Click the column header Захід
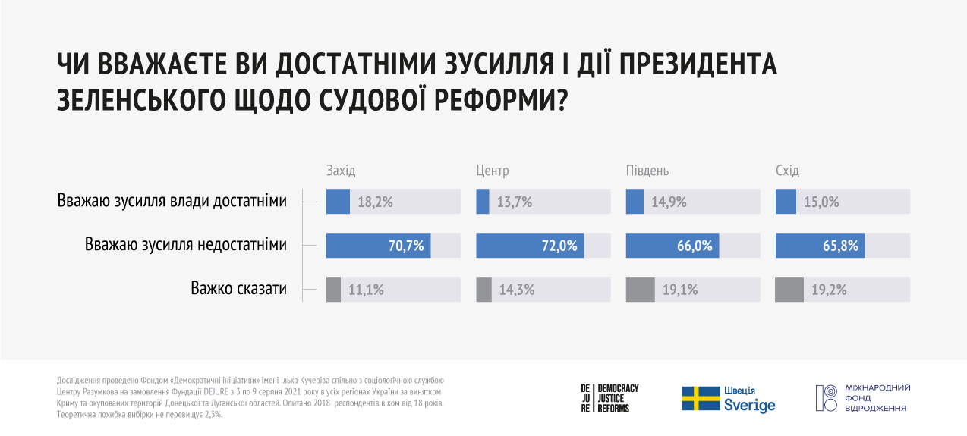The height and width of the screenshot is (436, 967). (340, 171)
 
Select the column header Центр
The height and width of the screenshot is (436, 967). (492, 171)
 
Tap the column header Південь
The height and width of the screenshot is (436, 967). (647, 171)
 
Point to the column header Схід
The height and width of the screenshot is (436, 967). (787, 171)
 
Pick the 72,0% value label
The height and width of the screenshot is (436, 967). (561, 246)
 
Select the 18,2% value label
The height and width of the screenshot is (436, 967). (370, 202)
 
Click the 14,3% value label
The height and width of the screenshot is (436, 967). (516, 290)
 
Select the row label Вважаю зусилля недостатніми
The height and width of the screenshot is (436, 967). (186, 245)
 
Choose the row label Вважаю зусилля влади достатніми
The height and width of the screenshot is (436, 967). (172, 202)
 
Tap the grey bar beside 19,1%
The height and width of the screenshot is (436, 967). (640, 290)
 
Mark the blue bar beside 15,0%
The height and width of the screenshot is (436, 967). (786, 202)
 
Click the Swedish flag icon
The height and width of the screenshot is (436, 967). (700, 399)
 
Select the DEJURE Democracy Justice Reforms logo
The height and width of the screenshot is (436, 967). (609, 398)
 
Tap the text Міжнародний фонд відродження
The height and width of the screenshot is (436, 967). (876, 398)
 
